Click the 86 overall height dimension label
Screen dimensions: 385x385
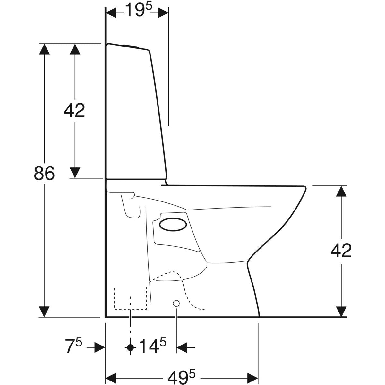point(44,173)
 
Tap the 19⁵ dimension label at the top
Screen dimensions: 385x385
point(139,10)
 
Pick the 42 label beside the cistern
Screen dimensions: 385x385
point(74,110)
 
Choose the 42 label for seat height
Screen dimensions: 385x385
point(341,251)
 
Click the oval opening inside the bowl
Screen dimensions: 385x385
point(173,225)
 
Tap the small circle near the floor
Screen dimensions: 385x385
point(176,309)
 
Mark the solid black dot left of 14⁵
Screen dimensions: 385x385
point(131,348)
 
